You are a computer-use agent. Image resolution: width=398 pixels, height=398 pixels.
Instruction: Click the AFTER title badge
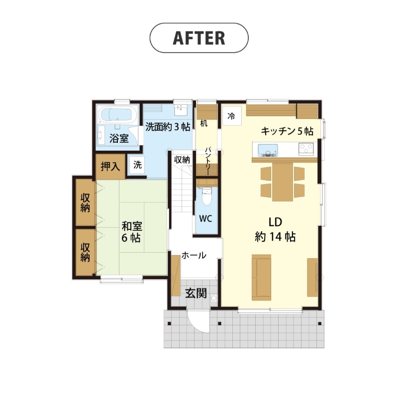coord(199,38)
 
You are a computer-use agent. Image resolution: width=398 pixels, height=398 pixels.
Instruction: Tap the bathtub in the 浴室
coord(118,115)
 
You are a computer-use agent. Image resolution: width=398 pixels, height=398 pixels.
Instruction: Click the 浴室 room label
coord(119,138)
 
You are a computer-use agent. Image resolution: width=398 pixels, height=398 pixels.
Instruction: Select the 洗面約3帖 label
coord(168,127)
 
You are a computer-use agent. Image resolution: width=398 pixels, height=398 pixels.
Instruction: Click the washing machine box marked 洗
coord(137,165)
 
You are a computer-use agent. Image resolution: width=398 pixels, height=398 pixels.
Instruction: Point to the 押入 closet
coord(110,167)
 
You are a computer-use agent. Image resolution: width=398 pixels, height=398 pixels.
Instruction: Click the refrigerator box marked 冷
coord(231,116)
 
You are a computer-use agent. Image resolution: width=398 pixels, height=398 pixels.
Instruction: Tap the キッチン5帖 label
coord(287,131)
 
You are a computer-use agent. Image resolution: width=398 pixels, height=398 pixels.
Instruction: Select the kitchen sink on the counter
coord(268,150)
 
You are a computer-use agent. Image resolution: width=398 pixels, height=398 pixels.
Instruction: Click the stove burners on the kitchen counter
coord(306,149)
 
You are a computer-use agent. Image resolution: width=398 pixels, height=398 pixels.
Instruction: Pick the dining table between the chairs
coord(282,182)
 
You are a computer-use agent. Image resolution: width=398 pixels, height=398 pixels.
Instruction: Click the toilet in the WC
coord(206,196)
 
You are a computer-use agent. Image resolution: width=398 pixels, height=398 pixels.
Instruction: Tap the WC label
coord(205,218)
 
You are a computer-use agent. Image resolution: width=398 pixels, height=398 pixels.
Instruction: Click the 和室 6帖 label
coord(131,232)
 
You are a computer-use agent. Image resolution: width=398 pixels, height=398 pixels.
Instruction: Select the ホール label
coord(194,255)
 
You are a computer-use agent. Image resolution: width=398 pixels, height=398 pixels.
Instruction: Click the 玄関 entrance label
coord(196,294)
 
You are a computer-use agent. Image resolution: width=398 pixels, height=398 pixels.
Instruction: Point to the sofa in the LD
coord(262,278)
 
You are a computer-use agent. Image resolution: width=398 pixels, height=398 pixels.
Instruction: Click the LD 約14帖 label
coord(276,229)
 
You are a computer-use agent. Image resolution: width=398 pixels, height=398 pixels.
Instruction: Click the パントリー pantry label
coord(207,161)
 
